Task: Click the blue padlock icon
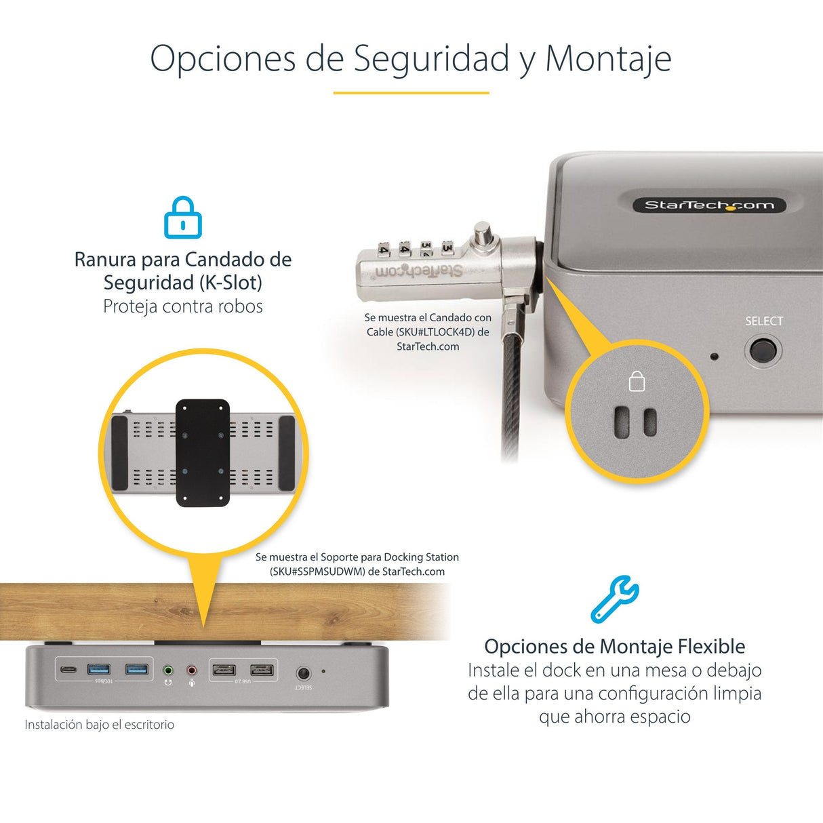(x=183, y=218)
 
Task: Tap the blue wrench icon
(x=614, y=599)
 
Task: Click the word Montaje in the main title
(x=608, y=58)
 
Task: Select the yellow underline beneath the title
(x=411, y=93)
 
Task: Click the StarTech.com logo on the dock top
(x=709, y=205)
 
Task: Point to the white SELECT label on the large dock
(x=764, y=321)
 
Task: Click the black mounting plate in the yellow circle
(x=203, y=452)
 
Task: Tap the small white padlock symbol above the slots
(x=637, y=382)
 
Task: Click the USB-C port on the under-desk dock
(x=68, y=670)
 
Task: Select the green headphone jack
(x=168, y=670)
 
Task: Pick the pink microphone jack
(x=192, y=670)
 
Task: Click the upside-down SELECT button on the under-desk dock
(x=303, y=673)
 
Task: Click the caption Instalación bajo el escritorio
(x=100, y=725)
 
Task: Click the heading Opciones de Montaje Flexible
(x=614, y=646)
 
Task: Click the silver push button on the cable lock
(x=483, y=235)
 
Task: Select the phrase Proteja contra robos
(x=183, y=306)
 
